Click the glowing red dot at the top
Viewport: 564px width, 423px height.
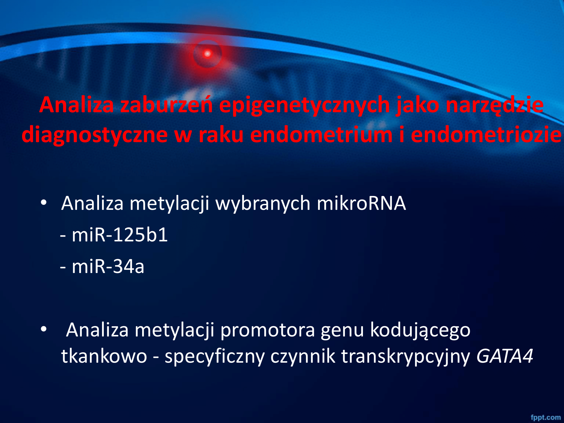[207, 53]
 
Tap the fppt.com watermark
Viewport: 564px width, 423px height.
[546, 417]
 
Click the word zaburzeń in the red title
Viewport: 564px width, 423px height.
[166, 105]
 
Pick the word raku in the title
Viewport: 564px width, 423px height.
[221, 135]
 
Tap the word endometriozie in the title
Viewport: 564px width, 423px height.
[486, 135]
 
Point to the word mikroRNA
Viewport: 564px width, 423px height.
[361, 203]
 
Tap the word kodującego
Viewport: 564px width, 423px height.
[420, 330]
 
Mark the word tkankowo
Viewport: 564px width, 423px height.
[104, 356]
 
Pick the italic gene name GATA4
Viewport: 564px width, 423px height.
[505, 356]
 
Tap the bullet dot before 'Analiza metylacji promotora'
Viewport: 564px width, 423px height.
[43, 329]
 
